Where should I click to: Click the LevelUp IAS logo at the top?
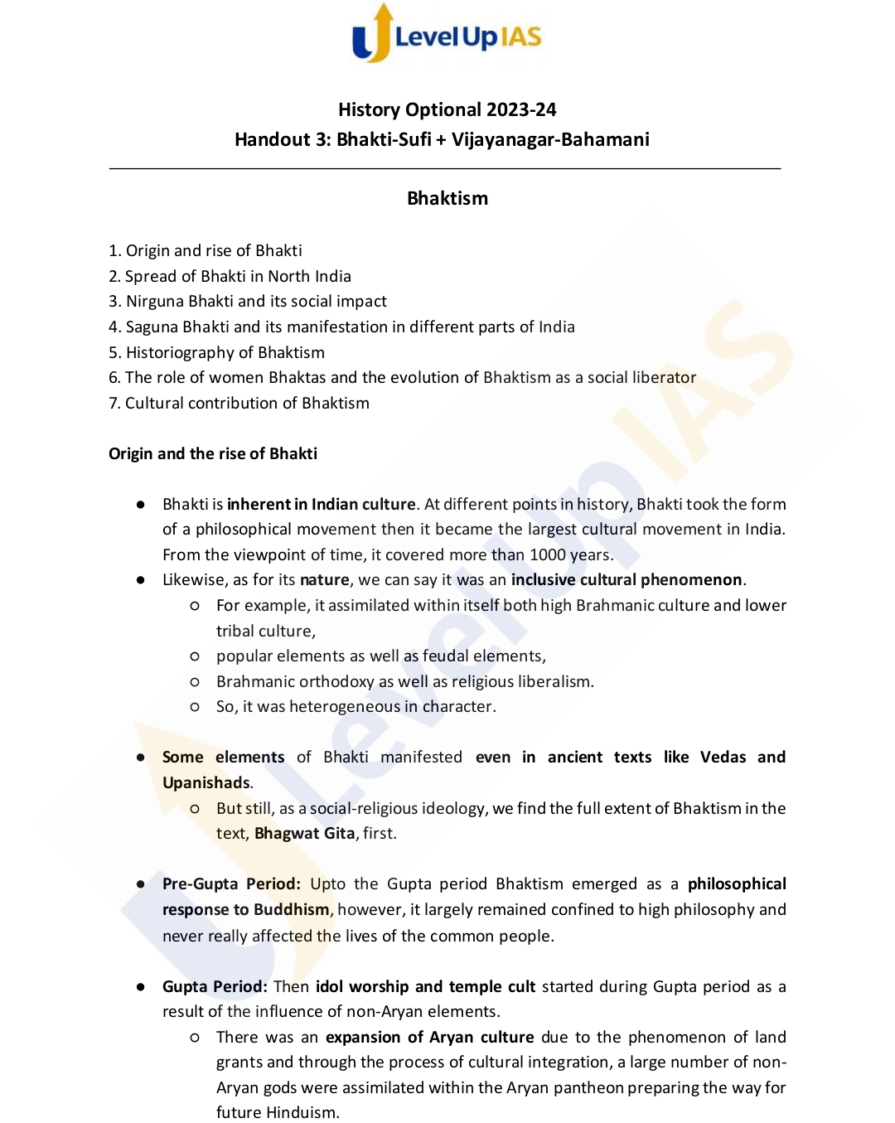tap(447, 35)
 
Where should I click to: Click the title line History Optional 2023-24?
tap(447, 109)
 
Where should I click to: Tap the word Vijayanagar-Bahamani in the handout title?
tap(550, 139)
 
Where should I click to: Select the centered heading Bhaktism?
tap(447, 198)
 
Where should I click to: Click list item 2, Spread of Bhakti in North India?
tap(230, 276)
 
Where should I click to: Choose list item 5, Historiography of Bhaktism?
tap(216, 352)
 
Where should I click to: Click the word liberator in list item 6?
tap(664, 377)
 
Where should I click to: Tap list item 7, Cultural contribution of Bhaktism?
tap(239, 403)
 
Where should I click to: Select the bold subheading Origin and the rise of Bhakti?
tap(213, 453)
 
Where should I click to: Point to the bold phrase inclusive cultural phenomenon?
tap(626, 579)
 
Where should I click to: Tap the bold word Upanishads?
tap(206, 782)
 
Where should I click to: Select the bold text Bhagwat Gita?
tap(304, 833)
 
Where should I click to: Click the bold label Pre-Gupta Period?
tap(231, 883)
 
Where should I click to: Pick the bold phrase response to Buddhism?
tap(246, 909)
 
